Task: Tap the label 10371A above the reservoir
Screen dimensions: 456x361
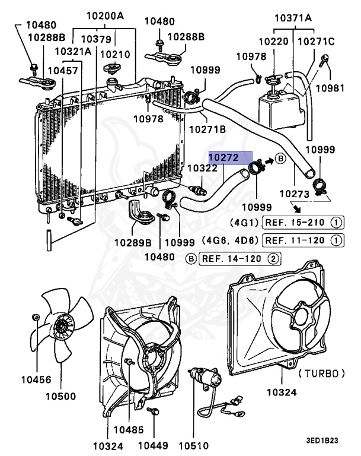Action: (293, 17)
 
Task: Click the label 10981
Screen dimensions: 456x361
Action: (329, 88)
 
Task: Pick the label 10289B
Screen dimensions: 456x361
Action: (133, 242)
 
